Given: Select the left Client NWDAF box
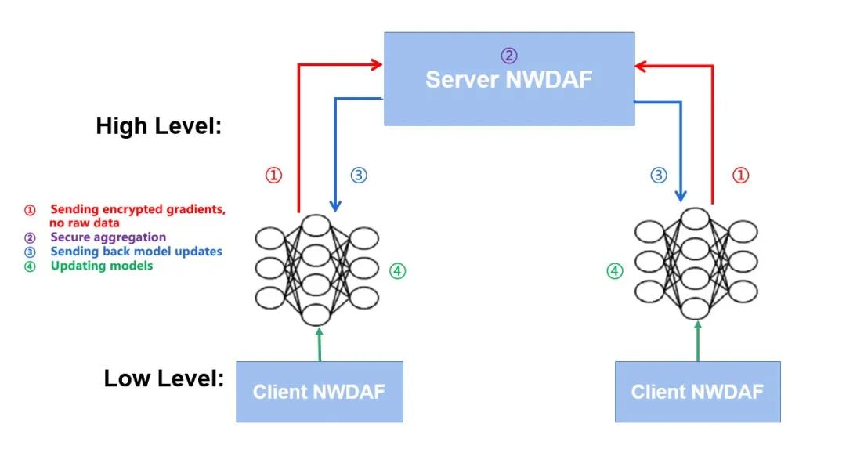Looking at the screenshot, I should coord(320,392).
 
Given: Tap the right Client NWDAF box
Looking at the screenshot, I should coord(697,392).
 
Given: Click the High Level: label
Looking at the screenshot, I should coord(159,126).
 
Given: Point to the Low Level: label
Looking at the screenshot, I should coord(164,378).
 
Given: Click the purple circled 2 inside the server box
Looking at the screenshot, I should coord(509,56).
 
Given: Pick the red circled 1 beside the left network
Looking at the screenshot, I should coord(273,176).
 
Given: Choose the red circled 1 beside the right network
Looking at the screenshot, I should coord(740,176).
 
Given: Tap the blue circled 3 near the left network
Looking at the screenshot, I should coord(358,176).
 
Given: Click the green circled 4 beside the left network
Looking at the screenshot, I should coord(398,271).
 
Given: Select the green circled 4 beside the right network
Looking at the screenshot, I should coord(616,271).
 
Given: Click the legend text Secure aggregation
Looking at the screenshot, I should coord(108,237).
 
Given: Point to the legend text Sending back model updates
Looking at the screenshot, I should coord(136,252).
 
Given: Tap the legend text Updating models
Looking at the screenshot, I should coord(102,266).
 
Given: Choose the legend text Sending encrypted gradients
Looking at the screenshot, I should coord(138,209).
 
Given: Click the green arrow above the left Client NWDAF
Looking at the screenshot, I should coord(320,344).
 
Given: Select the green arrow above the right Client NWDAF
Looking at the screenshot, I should coord(697,341).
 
